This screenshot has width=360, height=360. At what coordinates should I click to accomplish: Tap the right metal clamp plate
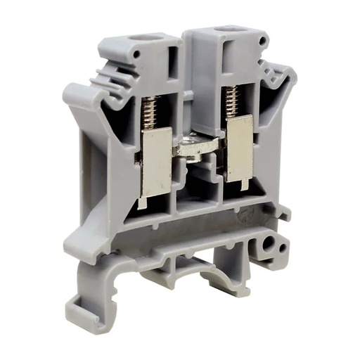(x=239, y=146)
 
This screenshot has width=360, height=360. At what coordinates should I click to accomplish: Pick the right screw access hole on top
(x=227, y=30)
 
